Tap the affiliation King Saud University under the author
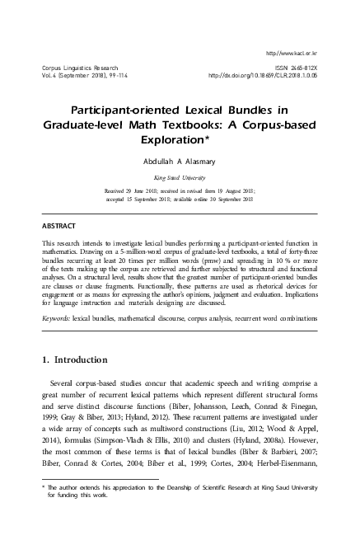[180, 176]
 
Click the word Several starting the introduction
[65, 383]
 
